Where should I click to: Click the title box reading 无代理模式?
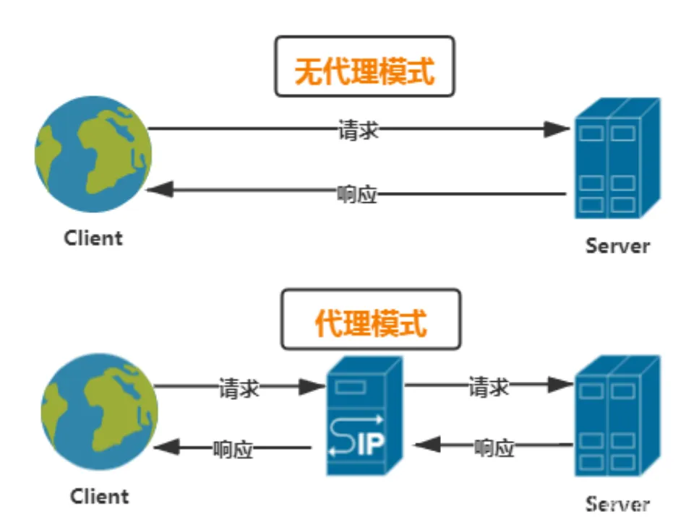click(x=364, y=66)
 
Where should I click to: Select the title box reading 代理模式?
click(x=370, y=319)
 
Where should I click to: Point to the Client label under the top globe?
click(x=93, y=238)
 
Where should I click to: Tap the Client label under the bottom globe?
click(x=99, y=497)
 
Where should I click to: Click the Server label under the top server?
click(x=617, y=245)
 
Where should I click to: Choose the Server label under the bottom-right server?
click(x=617, y=503)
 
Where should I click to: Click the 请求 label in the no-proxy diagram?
click(x=358, y=130)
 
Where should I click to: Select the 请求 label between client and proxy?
click(x=239, y=388)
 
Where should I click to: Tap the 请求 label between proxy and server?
click(x=489, y=387)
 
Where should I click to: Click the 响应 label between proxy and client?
click(x=233, y=448)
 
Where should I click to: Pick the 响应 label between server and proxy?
click(x=494, y=447)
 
